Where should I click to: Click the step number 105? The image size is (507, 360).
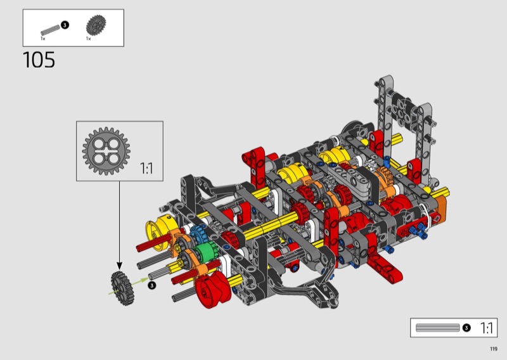(x=39, y=60)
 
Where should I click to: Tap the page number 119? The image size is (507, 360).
(x=494, y=349)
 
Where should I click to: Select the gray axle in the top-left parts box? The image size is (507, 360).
(x=51, y=29)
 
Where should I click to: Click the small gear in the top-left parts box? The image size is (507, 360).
(x=96, y=25)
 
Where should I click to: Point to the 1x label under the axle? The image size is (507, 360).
(x=43, y=39)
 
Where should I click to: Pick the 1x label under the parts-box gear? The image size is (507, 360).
(x=89, y=39)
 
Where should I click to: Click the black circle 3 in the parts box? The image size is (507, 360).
(x=65, y=25)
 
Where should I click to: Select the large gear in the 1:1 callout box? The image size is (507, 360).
(x=106, y=151)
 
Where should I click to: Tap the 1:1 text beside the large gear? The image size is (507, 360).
(x=146, y=168)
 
